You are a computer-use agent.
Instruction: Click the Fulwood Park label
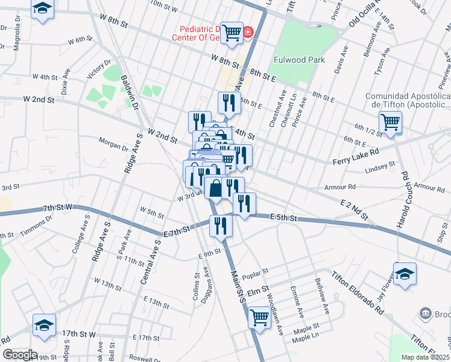299,60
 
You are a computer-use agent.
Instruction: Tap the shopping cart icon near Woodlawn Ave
259,316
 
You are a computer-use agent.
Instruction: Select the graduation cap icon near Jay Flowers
405,273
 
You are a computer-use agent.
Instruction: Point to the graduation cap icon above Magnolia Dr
42,9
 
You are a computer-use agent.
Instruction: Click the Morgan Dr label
113,144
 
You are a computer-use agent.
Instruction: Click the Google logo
19,355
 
